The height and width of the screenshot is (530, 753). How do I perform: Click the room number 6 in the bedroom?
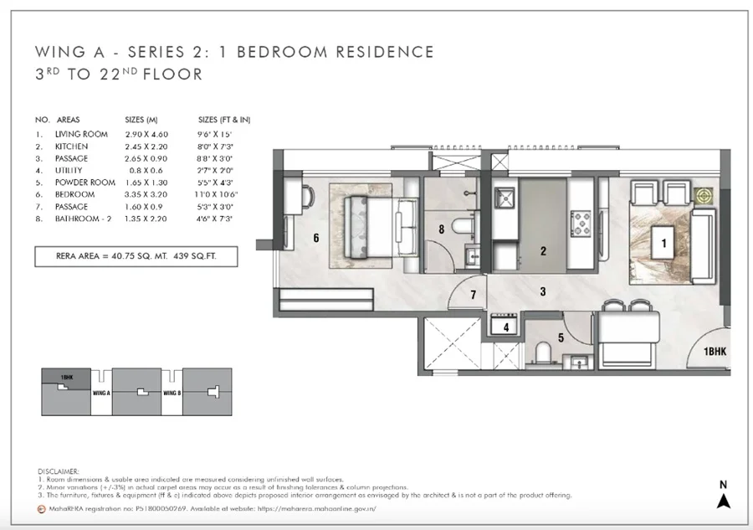(316, 238)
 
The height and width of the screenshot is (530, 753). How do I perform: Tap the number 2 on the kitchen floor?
(543, 251)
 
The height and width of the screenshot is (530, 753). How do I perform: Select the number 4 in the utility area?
(506, 327)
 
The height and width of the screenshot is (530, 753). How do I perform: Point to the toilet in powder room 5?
(544, 352)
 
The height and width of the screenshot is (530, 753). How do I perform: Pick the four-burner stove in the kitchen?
(581, 224)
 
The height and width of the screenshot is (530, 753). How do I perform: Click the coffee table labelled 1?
(663, 243)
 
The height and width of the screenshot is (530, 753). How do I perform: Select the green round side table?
(704, 196)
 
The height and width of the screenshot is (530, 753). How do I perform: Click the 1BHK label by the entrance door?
(715, 352)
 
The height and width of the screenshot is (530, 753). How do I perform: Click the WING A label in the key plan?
(101, 393)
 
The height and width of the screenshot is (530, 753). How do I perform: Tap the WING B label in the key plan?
(172, 393)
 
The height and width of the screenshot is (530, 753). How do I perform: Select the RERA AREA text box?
(136, 256)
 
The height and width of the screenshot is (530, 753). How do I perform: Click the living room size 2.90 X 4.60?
(146, 135)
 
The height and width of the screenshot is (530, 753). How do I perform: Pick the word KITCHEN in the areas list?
(72, 147)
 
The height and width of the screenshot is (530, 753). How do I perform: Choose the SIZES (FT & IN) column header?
(224, 120)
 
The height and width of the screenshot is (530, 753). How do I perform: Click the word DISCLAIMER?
(58, 471)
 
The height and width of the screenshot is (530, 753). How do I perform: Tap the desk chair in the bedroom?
(308, 197)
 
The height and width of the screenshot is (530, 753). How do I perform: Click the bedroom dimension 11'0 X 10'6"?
(216, 194)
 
